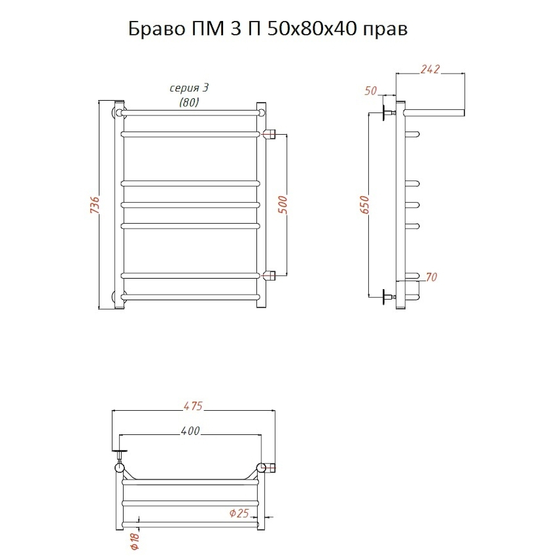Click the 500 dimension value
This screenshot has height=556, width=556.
click(x=284, y=204)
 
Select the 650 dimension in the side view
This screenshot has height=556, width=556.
click(x=365, y=205)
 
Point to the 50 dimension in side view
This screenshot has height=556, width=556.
click(x=371, y=91)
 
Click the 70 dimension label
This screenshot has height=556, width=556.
click(x=431, y=277)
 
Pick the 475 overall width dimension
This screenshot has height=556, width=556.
click(x=193, y=406)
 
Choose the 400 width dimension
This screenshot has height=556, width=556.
click(x=191, y=431)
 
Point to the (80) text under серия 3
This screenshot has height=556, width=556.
click(x=189, y=103)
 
